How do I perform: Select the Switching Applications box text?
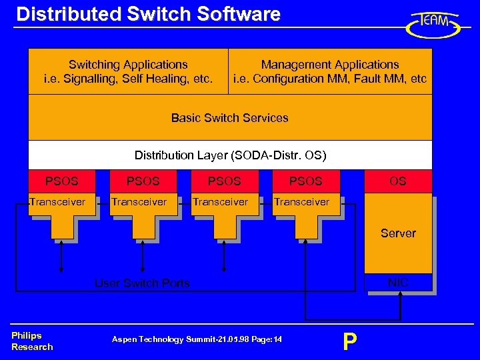(x=128, y=72)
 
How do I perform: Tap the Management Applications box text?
(x=329, y=72)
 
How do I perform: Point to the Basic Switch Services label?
(x=229, y=118)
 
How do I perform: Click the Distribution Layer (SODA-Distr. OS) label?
(x=230, y=155)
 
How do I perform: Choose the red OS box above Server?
(x=398, y=181)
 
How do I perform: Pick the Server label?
(x=398, y=233)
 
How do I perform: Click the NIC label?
(x=398, y=283)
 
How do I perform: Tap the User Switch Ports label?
(x=142, y=283)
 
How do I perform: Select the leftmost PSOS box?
(x=61, y=181)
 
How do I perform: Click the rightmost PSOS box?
(x=305, y=181)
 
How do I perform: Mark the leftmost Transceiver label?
(x=58, y=202)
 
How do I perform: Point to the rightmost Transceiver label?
(x=301, y=202)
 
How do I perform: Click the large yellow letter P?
(x=349, y=341)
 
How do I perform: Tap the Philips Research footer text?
(x=31, y=341)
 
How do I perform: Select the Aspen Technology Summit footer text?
(x=197, y=340)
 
